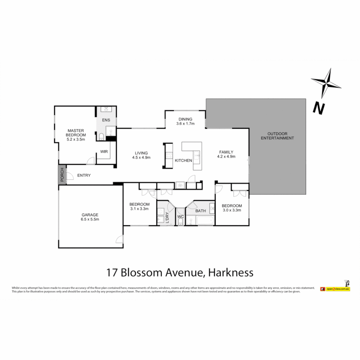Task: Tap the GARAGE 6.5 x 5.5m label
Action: (x=90, y=217)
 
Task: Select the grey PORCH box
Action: (x=62, y=174)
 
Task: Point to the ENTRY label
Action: (x=84, y=175)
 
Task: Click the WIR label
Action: (x=104, y=152)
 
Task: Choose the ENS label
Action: (x=106, y=120)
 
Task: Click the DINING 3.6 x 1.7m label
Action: (x=185, y=121)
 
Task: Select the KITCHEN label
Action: (x=184, y=160)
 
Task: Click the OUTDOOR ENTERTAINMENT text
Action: (x=277, y=136)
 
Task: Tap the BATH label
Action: (x=201, y=211)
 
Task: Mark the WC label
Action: (x=180, y=217)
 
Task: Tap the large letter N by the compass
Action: (x=319, y=108)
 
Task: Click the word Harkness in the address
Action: (x=230, y=272)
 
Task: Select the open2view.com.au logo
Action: (x=335, y=289)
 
